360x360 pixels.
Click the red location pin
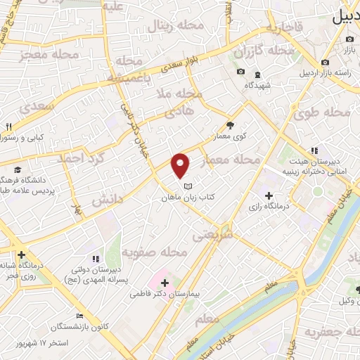click(181, 165)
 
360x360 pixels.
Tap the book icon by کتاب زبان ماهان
click(187, 186)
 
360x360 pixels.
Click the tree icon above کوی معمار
click(231, 124)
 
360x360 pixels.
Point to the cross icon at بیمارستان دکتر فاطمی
click(165, 283)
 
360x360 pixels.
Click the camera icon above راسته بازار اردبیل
click(325, 63)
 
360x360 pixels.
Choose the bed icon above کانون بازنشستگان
click(79, 316)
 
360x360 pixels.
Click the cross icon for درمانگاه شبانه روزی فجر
click(22, 255)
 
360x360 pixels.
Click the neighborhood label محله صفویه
click(154, 251)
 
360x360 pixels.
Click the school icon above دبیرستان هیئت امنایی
click(314, 150)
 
